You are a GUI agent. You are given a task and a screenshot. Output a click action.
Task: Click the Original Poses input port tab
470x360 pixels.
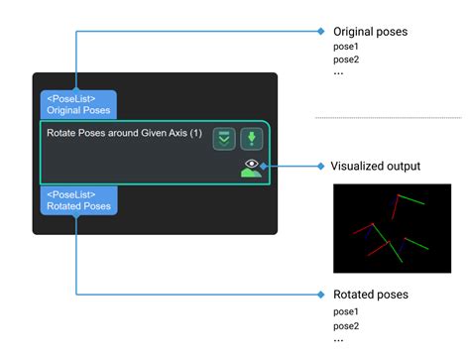[x=78, y=105]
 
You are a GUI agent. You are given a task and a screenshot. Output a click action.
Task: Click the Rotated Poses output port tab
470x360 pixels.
[x=78, y=200]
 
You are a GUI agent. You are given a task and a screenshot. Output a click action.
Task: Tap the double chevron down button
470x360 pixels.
[x=224, y=139]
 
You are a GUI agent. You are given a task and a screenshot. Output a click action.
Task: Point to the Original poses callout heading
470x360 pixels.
[x=370, y=32]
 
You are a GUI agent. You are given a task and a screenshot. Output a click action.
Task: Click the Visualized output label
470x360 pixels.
[x=375, y=166]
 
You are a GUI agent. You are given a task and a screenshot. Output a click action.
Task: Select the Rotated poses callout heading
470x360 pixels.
[x=370, y=295]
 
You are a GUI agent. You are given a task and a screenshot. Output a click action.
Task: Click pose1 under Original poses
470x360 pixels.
[x=346, y=47]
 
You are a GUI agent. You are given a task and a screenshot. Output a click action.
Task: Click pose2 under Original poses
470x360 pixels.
[x=346, y=60]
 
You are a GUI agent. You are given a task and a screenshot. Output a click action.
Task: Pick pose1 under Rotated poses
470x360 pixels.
[x=346, y=311]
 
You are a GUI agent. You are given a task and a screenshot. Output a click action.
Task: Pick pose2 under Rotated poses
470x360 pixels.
[x=346, y=325]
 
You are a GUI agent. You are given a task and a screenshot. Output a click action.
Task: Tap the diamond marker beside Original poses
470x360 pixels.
[x=320, y=31]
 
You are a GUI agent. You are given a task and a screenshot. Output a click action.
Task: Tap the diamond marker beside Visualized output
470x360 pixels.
[x=320, y=166]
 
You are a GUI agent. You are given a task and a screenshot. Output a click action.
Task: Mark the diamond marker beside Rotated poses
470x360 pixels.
[x=320, y=295]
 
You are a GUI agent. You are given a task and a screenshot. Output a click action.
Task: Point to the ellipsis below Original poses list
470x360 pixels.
[x=338, y=72]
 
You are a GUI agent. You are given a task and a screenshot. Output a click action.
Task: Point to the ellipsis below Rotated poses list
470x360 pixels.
[x=338, y=338]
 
